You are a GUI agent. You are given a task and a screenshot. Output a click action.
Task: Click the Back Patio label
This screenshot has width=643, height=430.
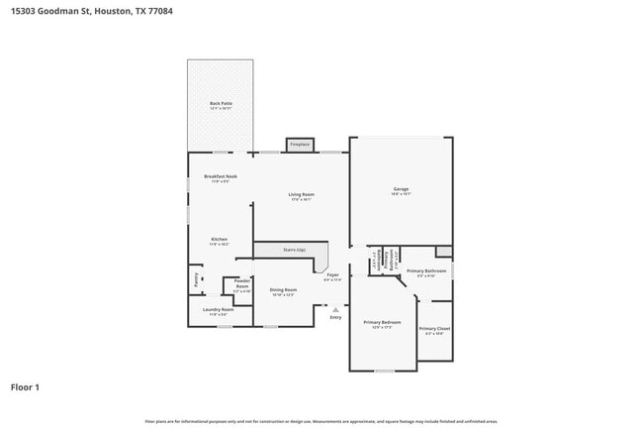click(220, 104)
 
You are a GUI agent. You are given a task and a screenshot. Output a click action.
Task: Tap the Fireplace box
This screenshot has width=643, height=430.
click(300, 145)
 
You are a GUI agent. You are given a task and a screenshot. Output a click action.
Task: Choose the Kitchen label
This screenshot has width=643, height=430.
click(219, 240)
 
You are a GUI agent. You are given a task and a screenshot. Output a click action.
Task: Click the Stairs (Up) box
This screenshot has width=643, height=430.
click(295, 250)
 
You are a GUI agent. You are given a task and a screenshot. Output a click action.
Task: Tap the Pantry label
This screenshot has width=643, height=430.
click(196, 280)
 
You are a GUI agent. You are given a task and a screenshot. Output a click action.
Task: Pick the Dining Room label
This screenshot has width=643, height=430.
click(283, 290)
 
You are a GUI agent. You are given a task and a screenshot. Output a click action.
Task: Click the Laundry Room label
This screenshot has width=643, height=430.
click(218, 310)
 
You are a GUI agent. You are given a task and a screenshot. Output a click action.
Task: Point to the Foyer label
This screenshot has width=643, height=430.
click(332, 276)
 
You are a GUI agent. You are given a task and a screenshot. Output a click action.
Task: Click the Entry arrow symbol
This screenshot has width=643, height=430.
click(335, 309)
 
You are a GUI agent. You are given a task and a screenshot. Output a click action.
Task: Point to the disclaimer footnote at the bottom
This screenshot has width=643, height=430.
click(321, 421)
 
